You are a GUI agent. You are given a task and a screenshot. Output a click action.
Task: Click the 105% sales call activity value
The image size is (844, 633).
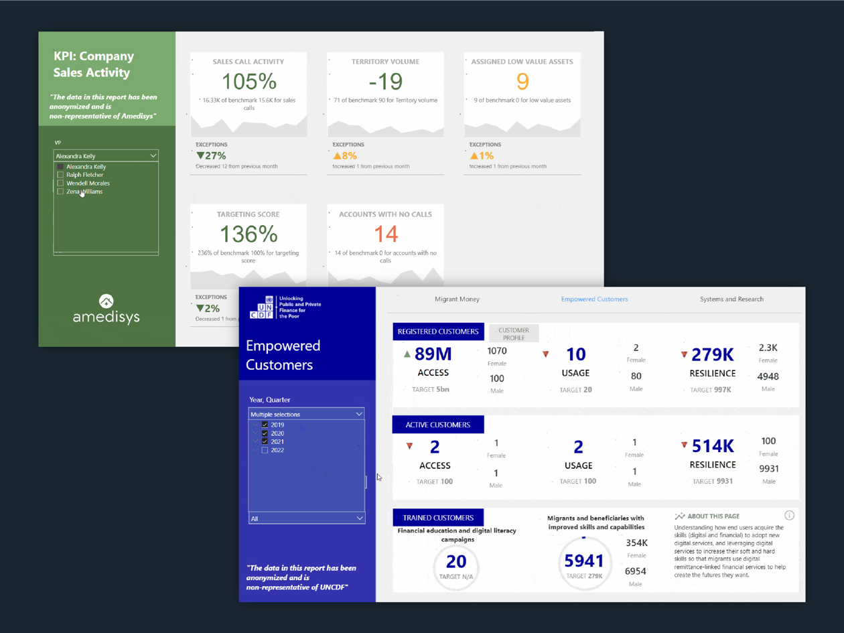click(x=249, y=82)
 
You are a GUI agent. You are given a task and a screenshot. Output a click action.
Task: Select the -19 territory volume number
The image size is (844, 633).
click(x=385, y=82)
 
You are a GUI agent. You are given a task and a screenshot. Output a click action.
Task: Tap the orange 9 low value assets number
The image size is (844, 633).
click(x=522, y=82)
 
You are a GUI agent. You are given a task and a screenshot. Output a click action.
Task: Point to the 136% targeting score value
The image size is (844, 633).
click(x=249, y=234)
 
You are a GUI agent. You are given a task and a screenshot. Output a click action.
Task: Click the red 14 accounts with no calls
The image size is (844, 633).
click(x=385, y=234)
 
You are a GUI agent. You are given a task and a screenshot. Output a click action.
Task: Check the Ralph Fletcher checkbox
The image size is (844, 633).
click(x=60, y=175)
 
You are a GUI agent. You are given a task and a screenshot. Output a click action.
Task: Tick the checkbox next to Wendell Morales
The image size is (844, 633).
click(x=60, y=183)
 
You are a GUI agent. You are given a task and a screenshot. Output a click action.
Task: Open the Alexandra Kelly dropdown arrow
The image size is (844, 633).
click(x=153, y=156)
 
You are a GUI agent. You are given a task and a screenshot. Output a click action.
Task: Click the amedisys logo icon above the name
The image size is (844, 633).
click(x=106, y=301)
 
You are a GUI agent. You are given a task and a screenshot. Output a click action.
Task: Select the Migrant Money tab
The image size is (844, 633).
click(x=457, y=299)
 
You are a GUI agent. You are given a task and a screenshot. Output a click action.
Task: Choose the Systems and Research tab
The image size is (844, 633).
click(x=731, y=299)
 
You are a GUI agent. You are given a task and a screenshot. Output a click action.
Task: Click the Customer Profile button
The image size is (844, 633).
click(x=514, y=334)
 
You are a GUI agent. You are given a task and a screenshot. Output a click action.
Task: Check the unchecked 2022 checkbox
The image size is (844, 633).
click(x=265, y=450)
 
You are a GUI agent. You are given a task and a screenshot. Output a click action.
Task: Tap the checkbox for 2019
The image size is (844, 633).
click(x=265, y=425)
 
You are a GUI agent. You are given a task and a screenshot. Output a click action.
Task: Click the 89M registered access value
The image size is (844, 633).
click(x=433, y=354)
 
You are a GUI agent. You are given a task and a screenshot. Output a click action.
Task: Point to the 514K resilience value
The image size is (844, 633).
click(x=713, y=445)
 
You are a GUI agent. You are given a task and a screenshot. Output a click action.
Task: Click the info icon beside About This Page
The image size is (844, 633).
click(x=789, y=516)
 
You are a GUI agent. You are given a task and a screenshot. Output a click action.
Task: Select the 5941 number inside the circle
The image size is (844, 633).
click(x=584, y=561)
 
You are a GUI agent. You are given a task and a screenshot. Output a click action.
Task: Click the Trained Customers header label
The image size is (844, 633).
click(x=438, y=518)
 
